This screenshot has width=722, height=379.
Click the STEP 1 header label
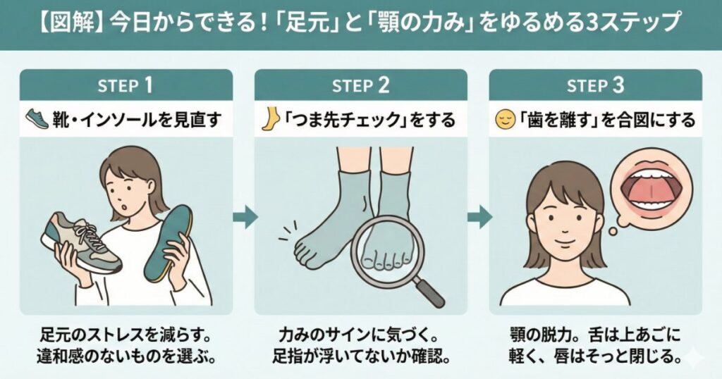pos(125,85)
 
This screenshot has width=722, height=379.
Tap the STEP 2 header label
pos(360,85)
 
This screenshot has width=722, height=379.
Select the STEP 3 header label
pos(595,85)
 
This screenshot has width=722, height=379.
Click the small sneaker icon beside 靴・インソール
pos(37,118)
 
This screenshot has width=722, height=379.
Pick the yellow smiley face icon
pos(504,120)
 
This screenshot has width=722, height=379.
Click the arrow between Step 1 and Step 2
pos(245,217)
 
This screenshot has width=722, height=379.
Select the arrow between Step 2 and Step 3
pos(479,217)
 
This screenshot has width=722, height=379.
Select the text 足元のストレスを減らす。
pos(126,335)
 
